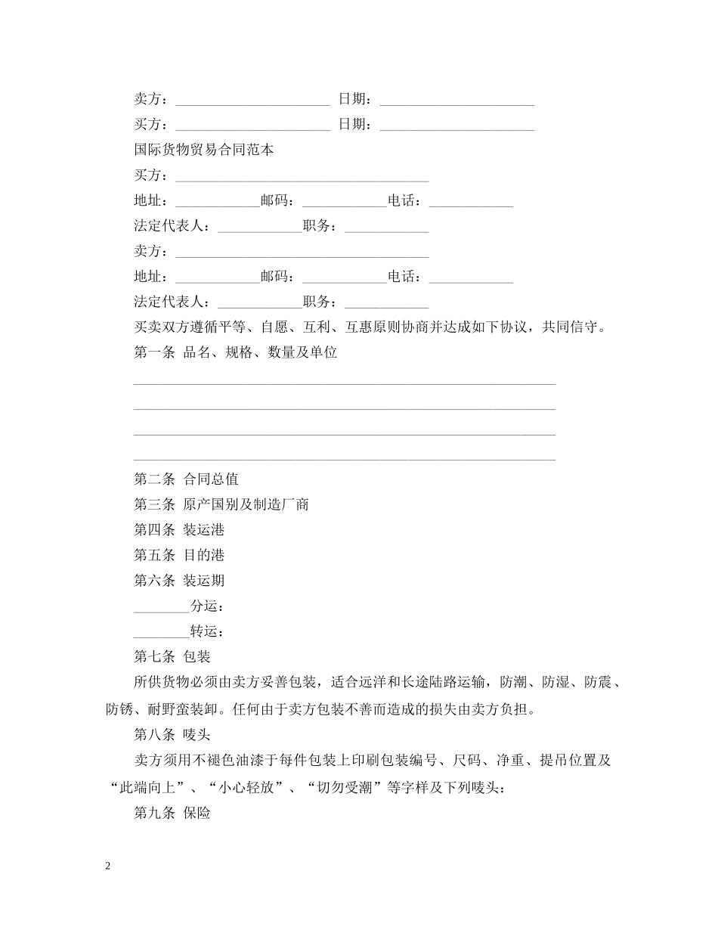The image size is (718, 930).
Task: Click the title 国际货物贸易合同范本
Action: coord(204,150)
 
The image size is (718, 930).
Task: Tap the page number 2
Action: coord(108,866)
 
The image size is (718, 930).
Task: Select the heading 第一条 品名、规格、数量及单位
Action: coord(235,352)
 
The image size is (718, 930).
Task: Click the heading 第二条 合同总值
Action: coord(186,479)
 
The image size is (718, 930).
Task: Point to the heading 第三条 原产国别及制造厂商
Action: coord(221,504)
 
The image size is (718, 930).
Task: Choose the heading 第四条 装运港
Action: coord(179,529)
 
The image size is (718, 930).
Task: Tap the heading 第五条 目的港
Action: coord(179,555)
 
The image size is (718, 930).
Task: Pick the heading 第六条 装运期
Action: coord(179,581)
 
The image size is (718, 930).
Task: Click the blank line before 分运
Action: coord(161,607)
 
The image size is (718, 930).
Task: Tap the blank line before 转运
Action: coord(161,632)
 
